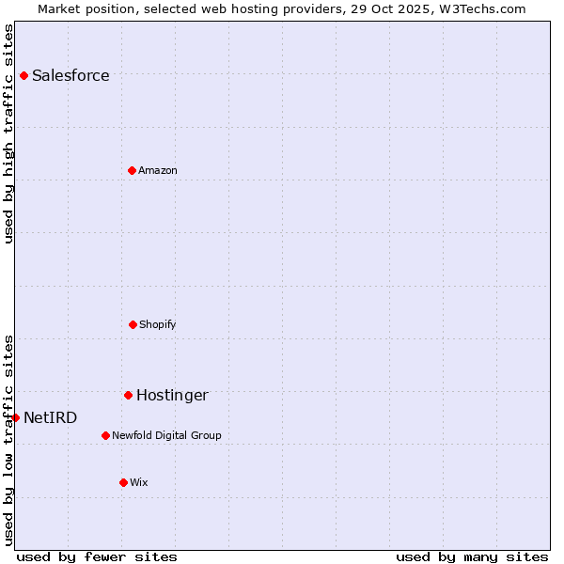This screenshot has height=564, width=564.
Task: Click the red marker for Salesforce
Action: coord(23,75)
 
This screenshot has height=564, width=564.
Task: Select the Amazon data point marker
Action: coord(132,170)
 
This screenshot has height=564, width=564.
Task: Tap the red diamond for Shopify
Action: coord(133,324)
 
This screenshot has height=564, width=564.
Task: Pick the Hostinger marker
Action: coord(128,395)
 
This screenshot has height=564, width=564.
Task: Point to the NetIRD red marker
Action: coord(15,417)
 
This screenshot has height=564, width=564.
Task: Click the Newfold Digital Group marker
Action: coord(105,435)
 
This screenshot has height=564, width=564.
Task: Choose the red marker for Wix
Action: coord(123,482)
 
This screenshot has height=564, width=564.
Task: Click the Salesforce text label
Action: coord(70,76)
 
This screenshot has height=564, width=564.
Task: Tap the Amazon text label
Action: coord(158,171)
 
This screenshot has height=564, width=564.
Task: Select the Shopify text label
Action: coord(158,325)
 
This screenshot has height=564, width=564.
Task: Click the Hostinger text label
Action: coord(172,396)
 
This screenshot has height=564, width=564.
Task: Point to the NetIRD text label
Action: coord(51,418)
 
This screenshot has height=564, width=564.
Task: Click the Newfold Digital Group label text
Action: coord(166,436)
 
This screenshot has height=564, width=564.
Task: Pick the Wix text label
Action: coord(139,483)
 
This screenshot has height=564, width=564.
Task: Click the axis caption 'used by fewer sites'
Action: coord(97,557)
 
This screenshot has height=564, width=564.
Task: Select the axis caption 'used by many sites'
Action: coord(472,557)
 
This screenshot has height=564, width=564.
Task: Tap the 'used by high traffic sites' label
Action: coord(9,133)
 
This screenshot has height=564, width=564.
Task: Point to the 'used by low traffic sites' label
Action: coord(9,439)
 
